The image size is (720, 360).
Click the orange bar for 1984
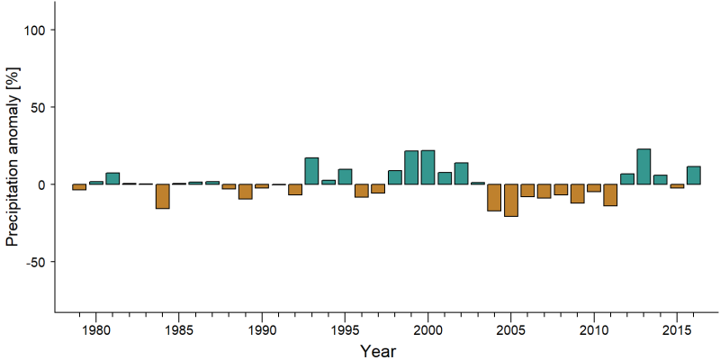[x=163, y=196]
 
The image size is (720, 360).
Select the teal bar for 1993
[x=311, y=171]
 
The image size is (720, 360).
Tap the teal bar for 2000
[x=428, y=167]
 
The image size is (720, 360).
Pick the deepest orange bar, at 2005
[x=511, y=200]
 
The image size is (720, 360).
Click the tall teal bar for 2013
[x=643, y=166]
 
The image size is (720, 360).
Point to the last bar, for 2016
[x=693, y=175]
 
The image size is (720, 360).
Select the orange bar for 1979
[x=79, y=187]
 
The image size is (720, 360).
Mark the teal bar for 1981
[x=112, y=178]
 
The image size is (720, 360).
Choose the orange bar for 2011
[x=610, y=194]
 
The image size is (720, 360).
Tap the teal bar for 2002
[x=461, y=174]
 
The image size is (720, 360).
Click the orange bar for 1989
[x=245, y=192]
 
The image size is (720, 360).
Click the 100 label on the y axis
[x=33, y=30]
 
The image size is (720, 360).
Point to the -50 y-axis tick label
[x=33, y=262]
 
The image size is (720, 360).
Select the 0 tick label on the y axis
[x=40, y=184]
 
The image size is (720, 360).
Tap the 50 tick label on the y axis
[x=37, y=107]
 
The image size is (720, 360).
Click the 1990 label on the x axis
[x=262, y=330]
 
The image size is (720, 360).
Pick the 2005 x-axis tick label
[x=510, y=330]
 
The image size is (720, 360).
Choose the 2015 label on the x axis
[x=677, y=330]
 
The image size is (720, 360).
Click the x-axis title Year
[x=377, y=351]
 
